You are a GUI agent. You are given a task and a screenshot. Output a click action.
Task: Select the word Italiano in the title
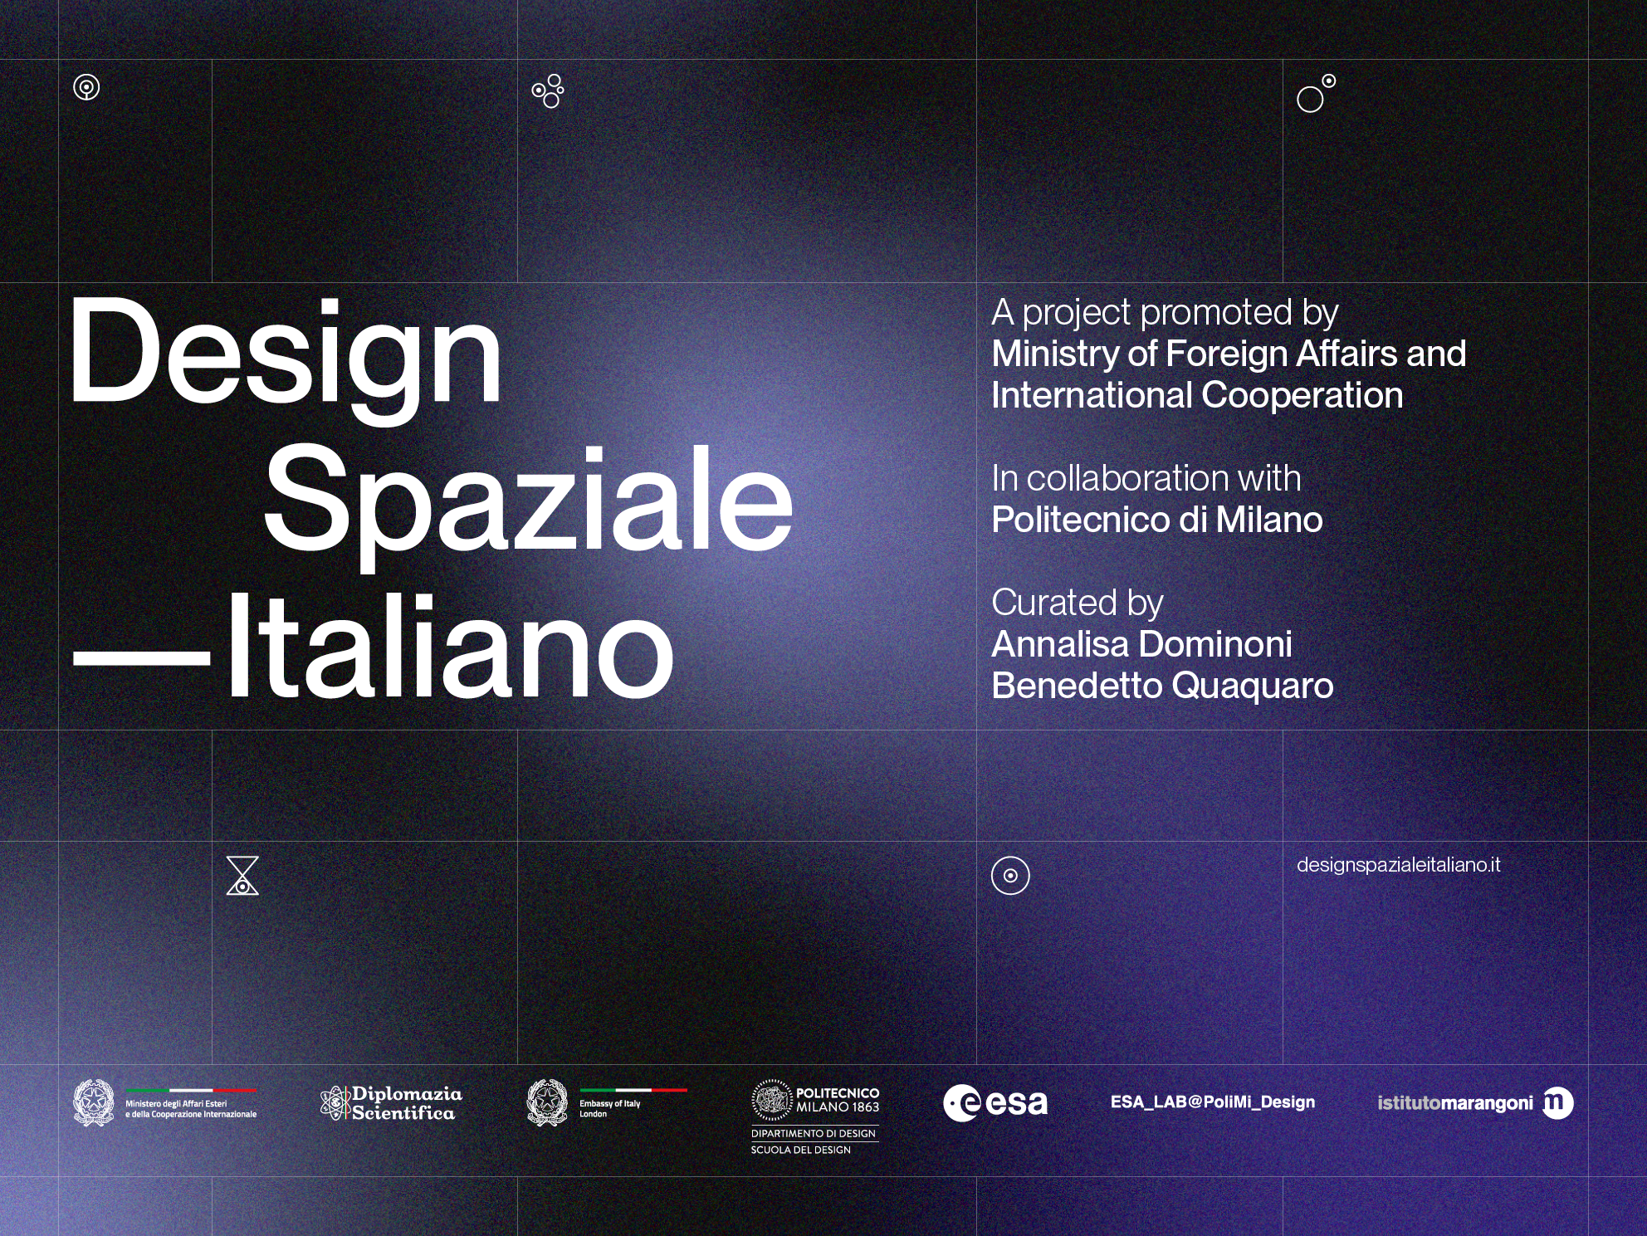tap(449, 646)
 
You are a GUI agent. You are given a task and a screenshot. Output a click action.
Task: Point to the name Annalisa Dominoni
tap(1141, 644)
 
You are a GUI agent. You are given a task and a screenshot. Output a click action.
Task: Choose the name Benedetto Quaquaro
tap(1162, 686)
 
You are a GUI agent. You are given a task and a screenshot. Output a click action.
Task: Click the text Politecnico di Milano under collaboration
tap(1157, 520)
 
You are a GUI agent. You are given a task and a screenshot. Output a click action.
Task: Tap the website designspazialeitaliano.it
tap(1399, 865)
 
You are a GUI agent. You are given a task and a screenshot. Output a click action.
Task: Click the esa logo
tap(995, 1103)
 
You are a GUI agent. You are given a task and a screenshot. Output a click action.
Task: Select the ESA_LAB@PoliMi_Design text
tap(1213, 1102)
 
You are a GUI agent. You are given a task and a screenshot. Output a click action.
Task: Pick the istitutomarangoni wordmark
tap(1455, 1103)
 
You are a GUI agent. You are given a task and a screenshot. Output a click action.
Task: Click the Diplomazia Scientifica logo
tap(391, 1103)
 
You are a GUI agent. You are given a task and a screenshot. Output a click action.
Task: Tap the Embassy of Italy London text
tap(610, 1109)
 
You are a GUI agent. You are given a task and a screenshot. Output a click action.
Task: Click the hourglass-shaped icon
tap(242, 876)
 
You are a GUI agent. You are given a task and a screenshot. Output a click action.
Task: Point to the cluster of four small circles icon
tap(548, 91)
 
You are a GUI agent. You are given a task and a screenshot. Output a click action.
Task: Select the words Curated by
tap(1078, 603)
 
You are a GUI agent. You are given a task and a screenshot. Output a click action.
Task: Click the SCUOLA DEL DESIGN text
tap(801, 1150)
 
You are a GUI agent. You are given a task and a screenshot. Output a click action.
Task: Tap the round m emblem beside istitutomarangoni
tap(1558, 1102)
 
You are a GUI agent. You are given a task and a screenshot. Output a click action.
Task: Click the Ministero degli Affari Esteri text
tap(176, 1104)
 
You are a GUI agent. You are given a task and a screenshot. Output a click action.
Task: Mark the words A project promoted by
tap(1165, 313)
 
